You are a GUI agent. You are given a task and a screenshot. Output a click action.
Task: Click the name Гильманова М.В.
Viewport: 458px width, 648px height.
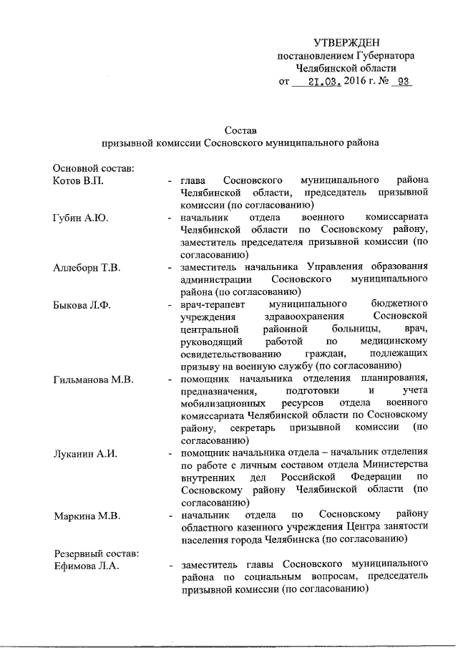[x=93, y=378]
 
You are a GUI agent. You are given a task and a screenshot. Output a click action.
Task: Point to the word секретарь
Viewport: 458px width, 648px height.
[x=257, y=428]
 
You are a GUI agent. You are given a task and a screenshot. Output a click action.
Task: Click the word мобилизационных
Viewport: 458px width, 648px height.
[x=223, y=403]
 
